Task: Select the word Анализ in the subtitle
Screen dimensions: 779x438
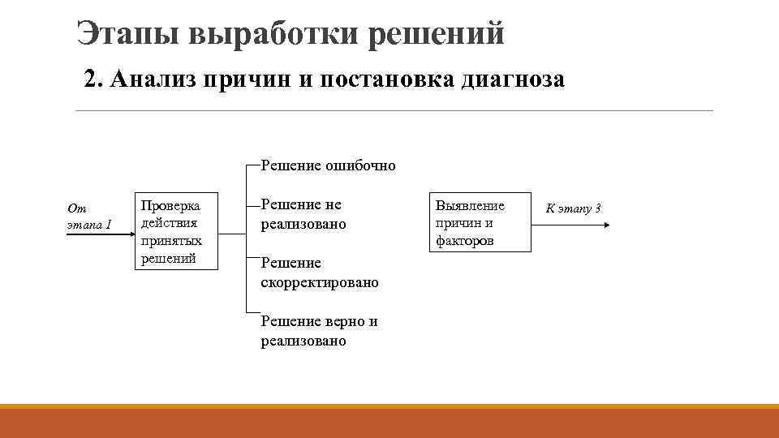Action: [x=153, y=80]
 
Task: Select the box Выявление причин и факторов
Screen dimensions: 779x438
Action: [x=480, y=223]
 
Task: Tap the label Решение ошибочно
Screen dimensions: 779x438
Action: [x=328, y=166]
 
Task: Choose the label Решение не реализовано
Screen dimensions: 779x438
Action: [x=303, y=214]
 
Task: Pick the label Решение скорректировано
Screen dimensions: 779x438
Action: [x=320, y=273]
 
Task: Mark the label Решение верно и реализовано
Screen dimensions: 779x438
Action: [x=319, y=331]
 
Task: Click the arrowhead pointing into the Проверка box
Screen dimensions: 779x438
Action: [x=131, y=235]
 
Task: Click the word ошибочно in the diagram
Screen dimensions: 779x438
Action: [x=360, y=166]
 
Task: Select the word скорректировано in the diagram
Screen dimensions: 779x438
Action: [x=320, y=283]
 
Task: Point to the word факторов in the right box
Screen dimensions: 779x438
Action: [x=465, y=242]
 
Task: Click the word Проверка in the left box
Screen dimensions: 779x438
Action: [x=170, y=205]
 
